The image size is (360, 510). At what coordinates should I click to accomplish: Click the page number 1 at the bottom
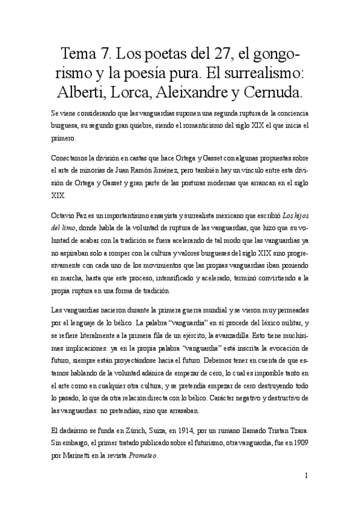point(307,475)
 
